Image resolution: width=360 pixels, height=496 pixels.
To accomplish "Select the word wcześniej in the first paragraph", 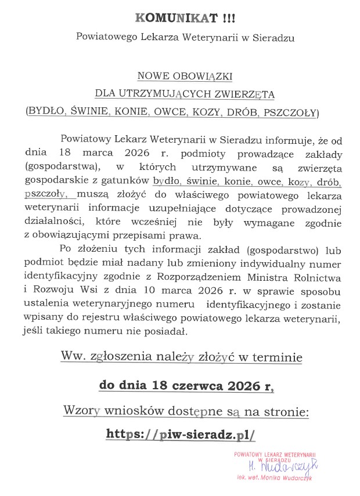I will pyautogui.click(x=145, y=222).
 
